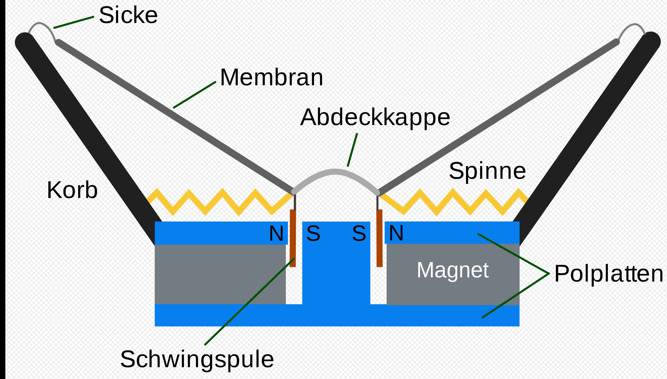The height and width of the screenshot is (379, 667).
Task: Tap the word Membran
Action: click(271, 77)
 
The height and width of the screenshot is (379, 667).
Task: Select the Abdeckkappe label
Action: click(375, 118)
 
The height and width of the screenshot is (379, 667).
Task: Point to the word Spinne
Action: click(487, 171)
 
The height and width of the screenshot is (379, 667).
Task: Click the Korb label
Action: click(72, 190)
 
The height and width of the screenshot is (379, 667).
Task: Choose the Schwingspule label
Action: click(197, 359)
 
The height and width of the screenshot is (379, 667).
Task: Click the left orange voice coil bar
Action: click(293, 238)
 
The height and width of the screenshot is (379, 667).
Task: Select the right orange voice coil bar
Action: click(379, 238)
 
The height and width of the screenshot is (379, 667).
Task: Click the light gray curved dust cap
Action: click(335, 172)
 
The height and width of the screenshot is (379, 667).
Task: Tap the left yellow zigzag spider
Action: click(221, 202)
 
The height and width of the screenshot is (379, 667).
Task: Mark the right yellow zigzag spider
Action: click(453, 202)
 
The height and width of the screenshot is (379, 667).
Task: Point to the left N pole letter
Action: click(276, 234)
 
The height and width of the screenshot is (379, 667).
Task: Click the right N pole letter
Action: click(396, 233)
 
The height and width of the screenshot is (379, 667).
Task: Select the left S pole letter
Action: click(313, 234)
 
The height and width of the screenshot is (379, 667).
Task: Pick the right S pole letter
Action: click(359, 234)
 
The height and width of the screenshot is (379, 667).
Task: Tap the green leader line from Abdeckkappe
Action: click(352, 150)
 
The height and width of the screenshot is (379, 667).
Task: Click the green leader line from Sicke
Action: click(74, 22)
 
